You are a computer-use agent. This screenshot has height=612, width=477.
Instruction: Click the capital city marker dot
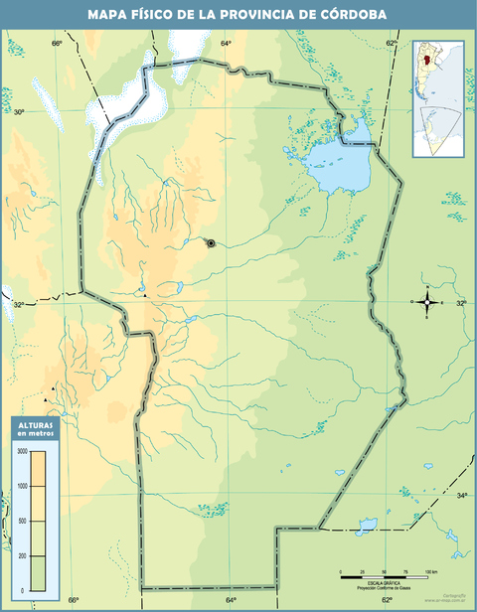coord(211,242)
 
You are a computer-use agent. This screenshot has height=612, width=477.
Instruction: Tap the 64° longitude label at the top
coord(226,44)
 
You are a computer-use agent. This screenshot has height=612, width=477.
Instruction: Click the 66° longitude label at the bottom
coord(74,600)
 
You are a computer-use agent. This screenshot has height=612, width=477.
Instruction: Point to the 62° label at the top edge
coord(392,44)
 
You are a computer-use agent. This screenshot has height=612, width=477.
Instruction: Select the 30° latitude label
coord(18,112)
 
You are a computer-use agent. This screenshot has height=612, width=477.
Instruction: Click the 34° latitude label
coord(461,495)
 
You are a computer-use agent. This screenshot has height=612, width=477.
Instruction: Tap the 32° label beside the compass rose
coord(460,303)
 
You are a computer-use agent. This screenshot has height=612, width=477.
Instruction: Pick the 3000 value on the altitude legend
coord(22,451)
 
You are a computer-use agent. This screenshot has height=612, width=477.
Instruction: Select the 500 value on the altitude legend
coord(22,521)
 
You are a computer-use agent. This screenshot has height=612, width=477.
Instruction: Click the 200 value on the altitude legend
coord(22,555)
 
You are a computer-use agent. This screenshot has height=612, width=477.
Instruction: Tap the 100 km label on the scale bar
coord(429,573)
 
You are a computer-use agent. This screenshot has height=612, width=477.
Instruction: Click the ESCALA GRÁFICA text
coord(385,581)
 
